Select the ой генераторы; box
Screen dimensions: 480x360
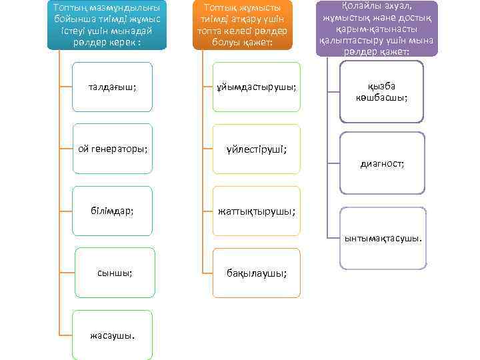(x=112, y=149)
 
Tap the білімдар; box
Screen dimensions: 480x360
(x=112, y=211)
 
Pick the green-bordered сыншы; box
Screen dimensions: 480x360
(x=114, y=272)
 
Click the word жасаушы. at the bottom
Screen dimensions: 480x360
(x=112, y=334)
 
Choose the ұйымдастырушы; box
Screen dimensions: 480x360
(x=257, y=87)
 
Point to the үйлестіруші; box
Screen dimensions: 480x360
(x=257, y=149)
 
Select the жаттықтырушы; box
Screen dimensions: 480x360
(x=257, y=211)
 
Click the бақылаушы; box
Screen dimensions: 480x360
(x=257, y=272)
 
